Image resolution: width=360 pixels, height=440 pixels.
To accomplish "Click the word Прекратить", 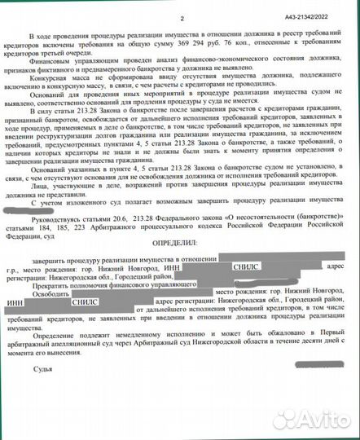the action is tap(50, 288).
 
